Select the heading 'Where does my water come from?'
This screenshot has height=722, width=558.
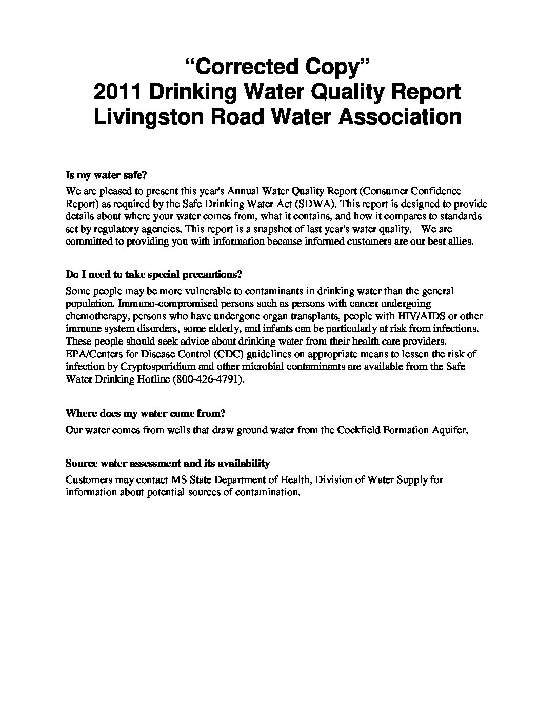146,413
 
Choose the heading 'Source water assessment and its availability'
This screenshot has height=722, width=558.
168,464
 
